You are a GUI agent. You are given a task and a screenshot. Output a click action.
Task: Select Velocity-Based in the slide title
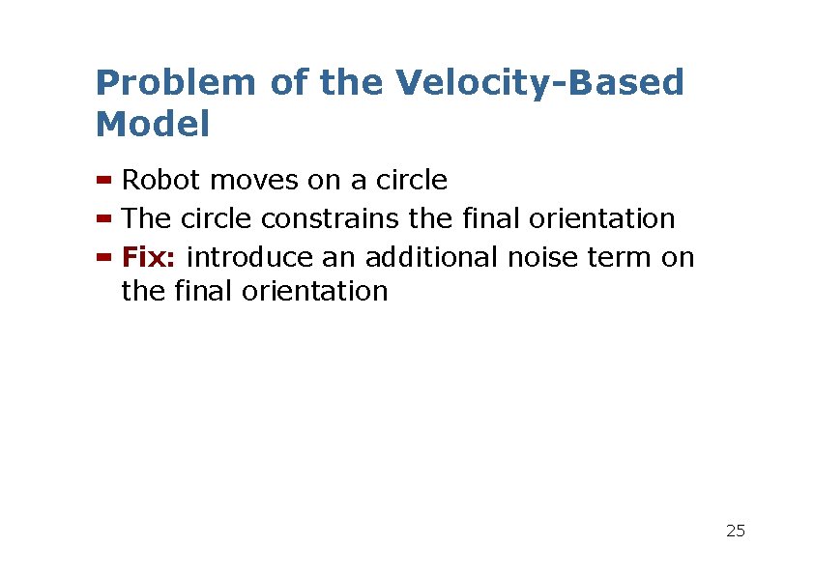(539, 84)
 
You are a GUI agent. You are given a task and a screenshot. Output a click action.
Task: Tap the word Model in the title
(153, 125)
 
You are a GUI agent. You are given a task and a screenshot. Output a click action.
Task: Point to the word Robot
(161, 180)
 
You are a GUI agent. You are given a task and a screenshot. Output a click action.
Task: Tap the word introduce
(250, 257)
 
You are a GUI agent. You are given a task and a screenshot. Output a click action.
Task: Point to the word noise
(538, 257)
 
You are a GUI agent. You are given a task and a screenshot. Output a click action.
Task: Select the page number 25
(736, 531)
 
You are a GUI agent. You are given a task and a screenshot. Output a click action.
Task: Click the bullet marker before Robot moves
(104, 181)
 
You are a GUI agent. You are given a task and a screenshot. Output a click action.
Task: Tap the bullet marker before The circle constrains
(104, 219)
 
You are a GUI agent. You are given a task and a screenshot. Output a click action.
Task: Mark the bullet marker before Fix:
(104, 258)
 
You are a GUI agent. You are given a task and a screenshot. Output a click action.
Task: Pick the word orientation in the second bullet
(601, 218)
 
